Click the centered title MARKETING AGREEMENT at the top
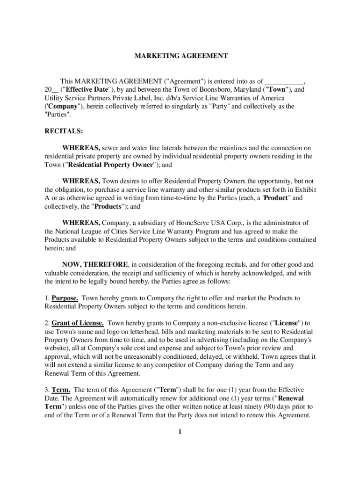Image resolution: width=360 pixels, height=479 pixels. coord(181,56)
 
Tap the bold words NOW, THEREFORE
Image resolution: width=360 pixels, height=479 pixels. coord(96,264)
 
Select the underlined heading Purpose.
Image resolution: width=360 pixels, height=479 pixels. coord(65,298)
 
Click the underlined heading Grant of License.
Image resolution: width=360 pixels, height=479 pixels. coord(78,323)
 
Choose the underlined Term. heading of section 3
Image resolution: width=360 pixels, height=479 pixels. coord(61,390)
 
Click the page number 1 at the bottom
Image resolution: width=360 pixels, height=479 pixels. coord(180,432)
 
